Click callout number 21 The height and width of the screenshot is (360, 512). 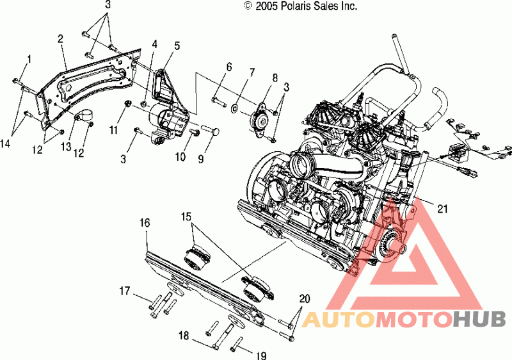442,208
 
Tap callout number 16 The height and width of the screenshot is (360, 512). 145,223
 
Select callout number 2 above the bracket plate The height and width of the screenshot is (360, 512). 60,39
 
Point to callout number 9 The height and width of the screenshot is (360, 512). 201,158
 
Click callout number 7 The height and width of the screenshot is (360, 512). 252,72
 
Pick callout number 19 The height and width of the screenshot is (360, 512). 262,355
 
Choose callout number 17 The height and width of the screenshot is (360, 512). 125,290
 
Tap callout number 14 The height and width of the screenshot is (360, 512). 6,143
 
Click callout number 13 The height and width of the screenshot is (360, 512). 66,146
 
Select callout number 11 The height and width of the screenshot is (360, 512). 113,130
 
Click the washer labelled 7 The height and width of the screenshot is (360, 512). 234,108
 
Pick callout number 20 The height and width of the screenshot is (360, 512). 305,299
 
